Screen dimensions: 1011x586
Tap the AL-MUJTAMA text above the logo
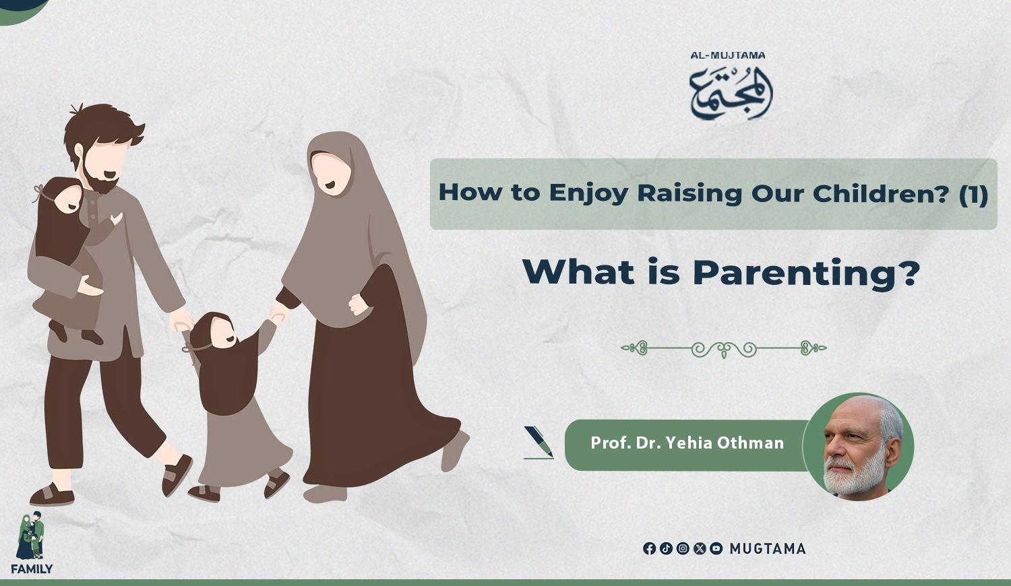[x=727, y=55]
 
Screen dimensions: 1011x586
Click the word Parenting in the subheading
[x=807, y=273]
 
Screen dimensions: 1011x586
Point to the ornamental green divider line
[x=724, y=349]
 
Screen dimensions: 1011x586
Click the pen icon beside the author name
[x=539, y=442]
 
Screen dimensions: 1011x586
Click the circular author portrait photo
[x=858, y=447]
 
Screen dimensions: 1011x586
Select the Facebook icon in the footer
[x=650, y=548]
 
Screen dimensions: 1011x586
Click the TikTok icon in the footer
[x=666, y=548]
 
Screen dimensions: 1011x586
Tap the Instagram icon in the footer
[x=683, y=548]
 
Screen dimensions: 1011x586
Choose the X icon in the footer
[x=700, y=548]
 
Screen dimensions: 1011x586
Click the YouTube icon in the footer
[x=716, y=548]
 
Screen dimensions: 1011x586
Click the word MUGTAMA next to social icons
[x=768, y=548]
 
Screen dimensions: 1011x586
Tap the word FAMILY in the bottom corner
[x=32, y=569]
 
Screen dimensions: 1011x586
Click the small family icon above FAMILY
[x=30, y=535]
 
